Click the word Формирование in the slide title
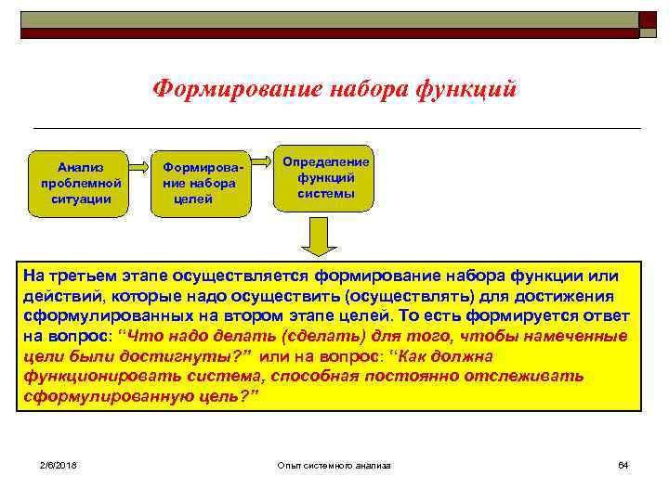[x=236, y=89]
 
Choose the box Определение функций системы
[x=325, y=177]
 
